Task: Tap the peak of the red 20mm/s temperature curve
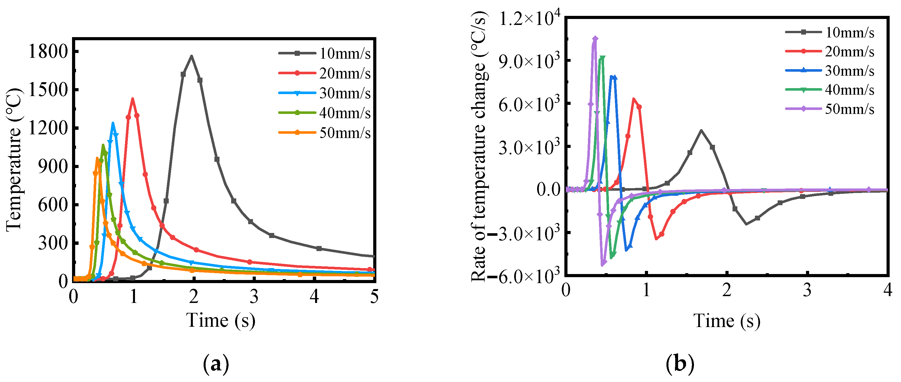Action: (132, 99)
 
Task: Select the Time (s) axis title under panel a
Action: (221, 320)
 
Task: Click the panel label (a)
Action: (216, 364)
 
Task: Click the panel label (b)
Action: (680, 364)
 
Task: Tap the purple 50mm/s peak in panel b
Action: (595, 39)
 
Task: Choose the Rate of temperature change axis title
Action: (479, 147)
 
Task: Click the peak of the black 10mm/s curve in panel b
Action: (701, 130)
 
